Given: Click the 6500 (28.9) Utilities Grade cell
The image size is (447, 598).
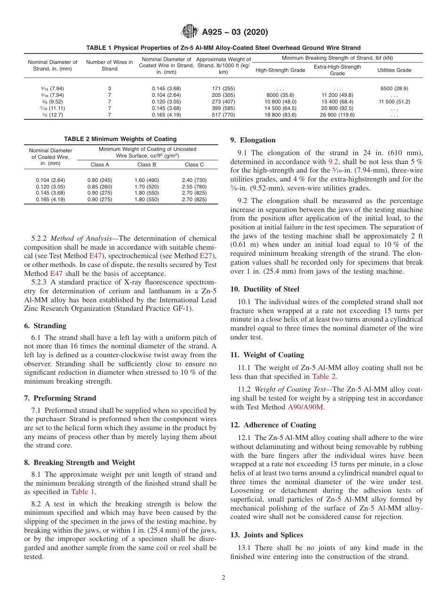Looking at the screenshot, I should tap(394, 88).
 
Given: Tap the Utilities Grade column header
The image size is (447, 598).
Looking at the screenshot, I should tap(394, 70).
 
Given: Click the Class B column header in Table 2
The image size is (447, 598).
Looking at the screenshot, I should tap(146, 165).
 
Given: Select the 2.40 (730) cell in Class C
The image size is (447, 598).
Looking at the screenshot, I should tap(194, 180).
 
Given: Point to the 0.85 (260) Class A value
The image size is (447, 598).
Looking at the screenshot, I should tap(100, 187).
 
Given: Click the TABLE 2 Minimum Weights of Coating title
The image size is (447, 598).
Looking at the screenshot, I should tap(120, 139).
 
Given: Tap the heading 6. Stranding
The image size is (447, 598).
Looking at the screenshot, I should tap(45, 326).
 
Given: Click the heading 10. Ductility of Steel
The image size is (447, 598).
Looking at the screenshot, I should tap(264, 289).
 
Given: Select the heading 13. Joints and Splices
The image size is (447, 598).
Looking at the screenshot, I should tap(266, 535).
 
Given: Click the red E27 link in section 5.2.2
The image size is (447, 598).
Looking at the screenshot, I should tap(207, 256).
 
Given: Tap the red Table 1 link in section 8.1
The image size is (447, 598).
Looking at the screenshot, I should tap(83, 492).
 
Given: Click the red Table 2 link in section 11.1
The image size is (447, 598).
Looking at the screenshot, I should tap(324, 376).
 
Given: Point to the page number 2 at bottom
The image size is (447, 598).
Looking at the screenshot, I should tap(223, 578).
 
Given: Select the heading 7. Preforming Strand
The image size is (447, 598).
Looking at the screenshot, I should tap(60, 398).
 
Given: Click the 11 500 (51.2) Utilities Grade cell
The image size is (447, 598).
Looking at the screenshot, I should tap(394, 102).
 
